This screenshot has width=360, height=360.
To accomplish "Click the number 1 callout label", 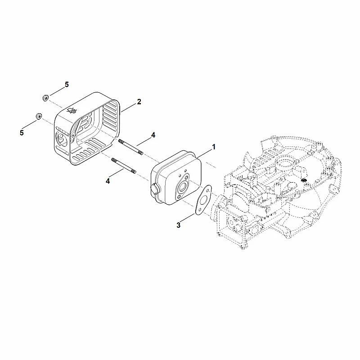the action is point(214,147).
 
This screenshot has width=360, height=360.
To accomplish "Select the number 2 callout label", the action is point(139,102).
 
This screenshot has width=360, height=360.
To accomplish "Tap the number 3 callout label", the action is point(178,225).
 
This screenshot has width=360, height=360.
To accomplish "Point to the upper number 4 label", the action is point(153,135).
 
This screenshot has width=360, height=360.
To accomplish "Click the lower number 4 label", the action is point(108,181).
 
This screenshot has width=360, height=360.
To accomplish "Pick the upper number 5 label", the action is point(67,85).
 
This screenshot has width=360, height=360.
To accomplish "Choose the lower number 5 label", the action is point(22,133).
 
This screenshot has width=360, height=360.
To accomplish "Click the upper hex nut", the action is point(45,98).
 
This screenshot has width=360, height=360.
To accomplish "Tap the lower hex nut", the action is point(38,117).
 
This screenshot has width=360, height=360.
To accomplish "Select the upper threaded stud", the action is point(130,147).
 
